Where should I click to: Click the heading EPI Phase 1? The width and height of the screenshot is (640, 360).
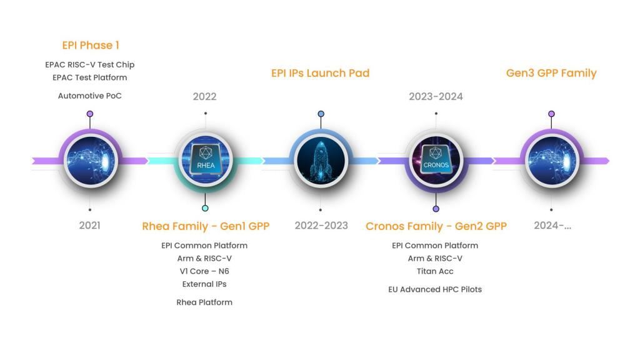click(91, 45)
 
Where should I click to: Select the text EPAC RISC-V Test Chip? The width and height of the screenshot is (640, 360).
click(90, 64)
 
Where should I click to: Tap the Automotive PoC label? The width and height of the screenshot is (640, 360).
click(90, 96)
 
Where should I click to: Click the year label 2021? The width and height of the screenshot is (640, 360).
click(89, 225)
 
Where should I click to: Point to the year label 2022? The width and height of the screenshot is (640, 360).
click(204, 96)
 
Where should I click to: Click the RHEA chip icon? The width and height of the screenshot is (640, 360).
click(206, 161)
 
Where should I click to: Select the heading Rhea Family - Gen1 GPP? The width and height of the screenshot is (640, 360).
click(206, 226)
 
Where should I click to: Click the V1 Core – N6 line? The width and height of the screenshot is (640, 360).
click(204, 271)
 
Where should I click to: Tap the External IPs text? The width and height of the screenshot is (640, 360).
click(204, 284)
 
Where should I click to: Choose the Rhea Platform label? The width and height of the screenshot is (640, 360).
click(204, 302)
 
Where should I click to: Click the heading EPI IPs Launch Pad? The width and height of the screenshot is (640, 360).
click(320, 73)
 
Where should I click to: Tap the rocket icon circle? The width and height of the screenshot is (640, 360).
click(321, 161)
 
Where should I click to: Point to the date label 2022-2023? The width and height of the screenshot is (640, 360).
click(321, 225)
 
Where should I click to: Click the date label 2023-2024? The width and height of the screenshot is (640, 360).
click(436, 96)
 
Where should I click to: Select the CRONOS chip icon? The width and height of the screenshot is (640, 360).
click(436, 161)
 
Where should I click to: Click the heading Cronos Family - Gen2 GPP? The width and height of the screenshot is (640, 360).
click(436, 226)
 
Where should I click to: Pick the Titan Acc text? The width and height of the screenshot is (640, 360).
click(435, 271)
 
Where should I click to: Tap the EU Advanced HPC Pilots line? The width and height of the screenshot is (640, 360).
click(435, 289)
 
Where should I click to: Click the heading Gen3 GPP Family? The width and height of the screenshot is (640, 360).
click(551, 73)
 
